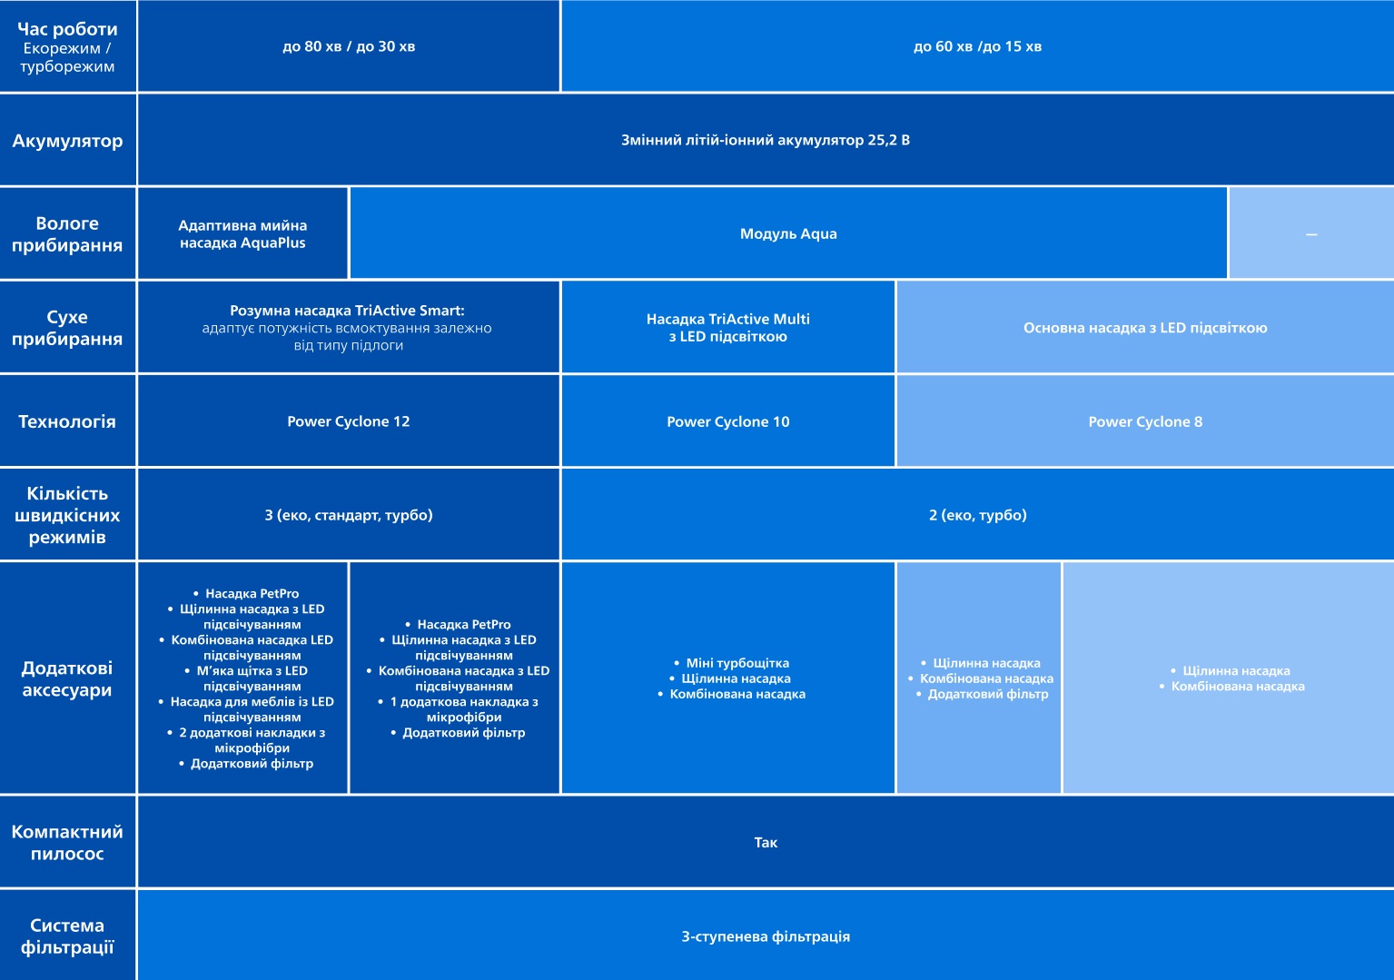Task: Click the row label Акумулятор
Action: coord(67,141)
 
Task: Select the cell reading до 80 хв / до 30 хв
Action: coord(349,46)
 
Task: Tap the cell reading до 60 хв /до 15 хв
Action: coord(977,46)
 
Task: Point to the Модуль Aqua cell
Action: coord(788,234)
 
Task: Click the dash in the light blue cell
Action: coord(1311,234)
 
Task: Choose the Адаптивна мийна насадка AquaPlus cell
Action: coord(242,234)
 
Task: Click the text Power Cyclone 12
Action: coord(349,421)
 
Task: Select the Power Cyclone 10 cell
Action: coord(728,421)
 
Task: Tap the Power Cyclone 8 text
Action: coord(1145,421)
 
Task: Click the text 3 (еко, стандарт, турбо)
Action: coord(349,515)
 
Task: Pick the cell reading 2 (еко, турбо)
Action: coord(978,515)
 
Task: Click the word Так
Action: coord(766,843)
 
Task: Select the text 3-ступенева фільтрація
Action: coord(766,936)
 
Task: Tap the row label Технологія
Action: coord(67,421)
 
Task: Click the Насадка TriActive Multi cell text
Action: coord(728,328)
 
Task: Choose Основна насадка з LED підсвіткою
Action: coord(1145,328)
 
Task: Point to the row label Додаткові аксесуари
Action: coord(67,678)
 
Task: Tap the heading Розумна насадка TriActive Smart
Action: coord(347,311)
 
